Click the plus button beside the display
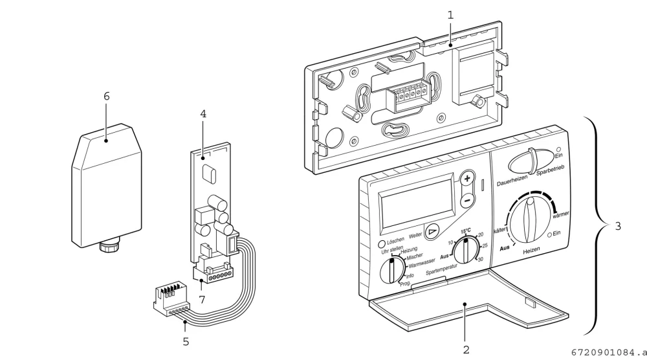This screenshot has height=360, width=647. pos(467,179)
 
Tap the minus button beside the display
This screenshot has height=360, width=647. pos(467,201)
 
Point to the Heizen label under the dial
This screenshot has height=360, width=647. pos(531,251)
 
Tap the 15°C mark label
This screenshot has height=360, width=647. pos(466,231)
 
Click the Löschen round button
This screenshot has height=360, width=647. pos(382,244)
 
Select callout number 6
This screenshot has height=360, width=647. pos(107,96)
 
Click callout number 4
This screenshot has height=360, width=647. pos(203,113)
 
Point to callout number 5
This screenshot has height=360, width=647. pos(186,342)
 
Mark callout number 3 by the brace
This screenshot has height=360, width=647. pos(618,226)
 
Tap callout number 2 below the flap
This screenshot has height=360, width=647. pos(466,350)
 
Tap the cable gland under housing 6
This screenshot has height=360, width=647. pos(110,247)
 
